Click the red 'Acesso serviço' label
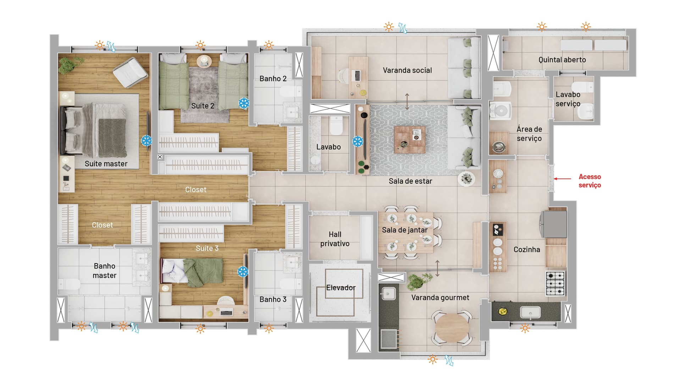point(590,181)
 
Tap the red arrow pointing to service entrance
point(563,179)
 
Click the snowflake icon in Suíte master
point(146,141)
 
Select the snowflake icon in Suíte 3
point(243,272)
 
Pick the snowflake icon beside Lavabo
point(358,141)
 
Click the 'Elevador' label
point(341,288)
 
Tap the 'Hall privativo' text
point(335,239)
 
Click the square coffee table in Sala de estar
point(410,140)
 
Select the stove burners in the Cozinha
point(555,283)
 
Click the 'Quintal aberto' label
point(562,60)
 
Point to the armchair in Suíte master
point(130,73)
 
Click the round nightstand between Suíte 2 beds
point(204,61)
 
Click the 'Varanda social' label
point(407,70)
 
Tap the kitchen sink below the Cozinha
point(530,312)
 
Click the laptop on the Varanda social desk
point(358,76)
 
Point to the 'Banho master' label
point(105,271)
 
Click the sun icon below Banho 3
point(269,328)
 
